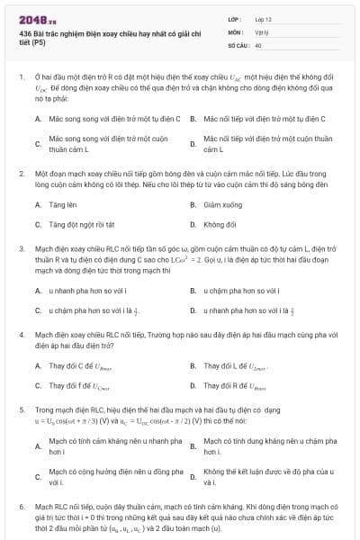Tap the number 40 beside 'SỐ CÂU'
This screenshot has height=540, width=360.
pyautogui.click(x=258, y=43)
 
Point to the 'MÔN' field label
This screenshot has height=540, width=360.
pyautogui.click(x=234, y=31)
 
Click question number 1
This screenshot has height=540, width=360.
pyautogui.click(x=22, y=77)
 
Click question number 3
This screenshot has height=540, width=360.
pyautogui.click(x=22, y=247)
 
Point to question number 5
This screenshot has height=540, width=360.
pyautogui.click(x=22, y=409)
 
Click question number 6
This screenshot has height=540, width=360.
pyautogui.click(x=22, y=507)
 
